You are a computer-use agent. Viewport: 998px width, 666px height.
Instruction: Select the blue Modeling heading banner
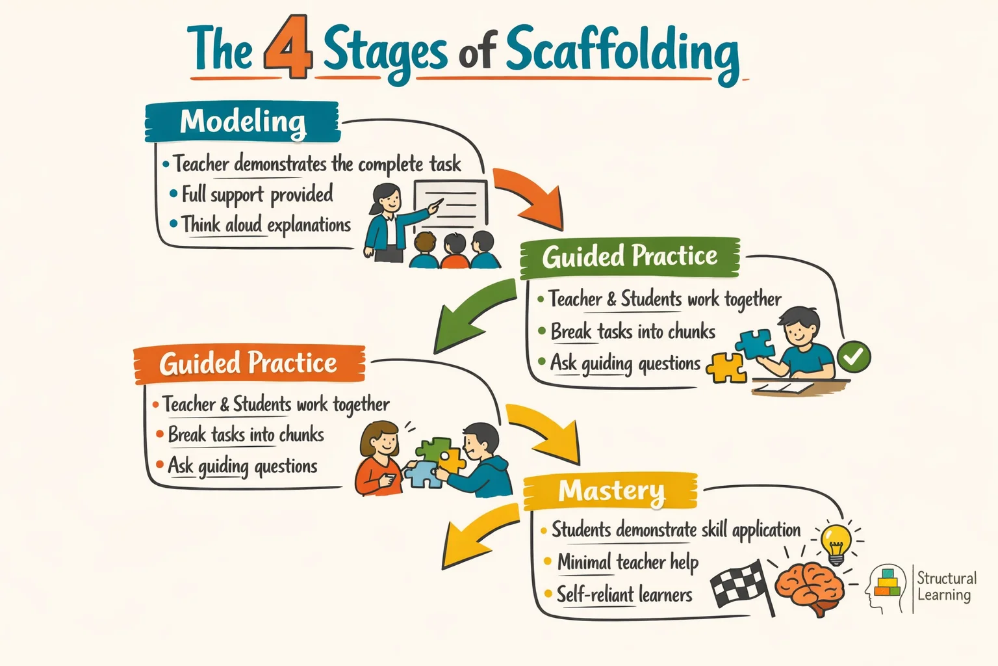[242, 122]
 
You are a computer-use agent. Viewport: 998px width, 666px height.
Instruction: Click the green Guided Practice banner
[629, 256]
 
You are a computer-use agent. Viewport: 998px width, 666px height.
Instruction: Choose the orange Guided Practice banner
[248, 364]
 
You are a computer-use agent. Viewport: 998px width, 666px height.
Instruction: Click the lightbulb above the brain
[836, 543]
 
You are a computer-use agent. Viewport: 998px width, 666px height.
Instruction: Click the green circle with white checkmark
[853, 356]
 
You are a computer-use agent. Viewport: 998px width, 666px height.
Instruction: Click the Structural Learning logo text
[946, 586]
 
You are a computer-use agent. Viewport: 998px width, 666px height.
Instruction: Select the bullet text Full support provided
[257, 194]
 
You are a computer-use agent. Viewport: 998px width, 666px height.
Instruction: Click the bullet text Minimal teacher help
[627, 562]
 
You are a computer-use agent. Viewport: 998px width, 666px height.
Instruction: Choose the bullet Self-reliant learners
[624, 594]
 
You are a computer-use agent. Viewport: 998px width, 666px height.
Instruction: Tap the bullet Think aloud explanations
[265, 225]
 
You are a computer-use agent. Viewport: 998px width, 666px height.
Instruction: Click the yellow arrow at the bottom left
[478, 533]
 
